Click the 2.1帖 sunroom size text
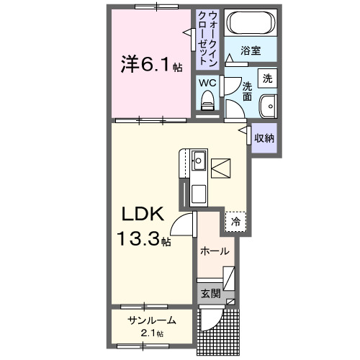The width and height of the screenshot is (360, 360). click(x=152, y=333)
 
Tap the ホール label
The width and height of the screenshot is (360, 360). click(x=214, y=251)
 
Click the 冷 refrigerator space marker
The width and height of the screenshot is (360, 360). click(x=235, y=222)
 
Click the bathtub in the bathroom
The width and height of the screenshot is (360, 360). click(x=250, y=23)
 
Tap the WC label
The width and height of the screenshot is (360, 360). click(x=207, y=83)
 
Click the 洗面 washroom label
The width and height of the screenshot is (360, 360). click(x=247, y=90)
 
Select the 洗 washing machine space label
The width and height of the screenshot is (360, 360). click(x=267, y=78)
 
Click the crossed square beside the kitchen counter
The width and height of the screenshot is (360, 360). click(x=220, y=167)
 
